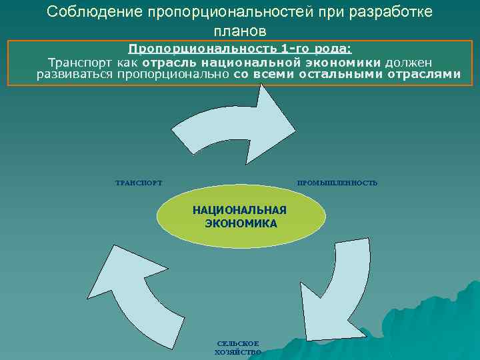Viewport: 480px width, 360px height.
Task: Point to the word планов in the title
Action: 239,31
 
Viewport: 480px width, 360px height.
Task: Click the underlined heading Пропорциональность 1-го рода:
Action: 240,49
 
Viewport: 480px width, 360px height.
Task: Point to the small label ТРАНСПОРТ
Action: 139,183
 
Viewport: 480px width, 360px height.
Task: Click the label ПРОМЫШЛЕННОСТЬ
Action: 337,183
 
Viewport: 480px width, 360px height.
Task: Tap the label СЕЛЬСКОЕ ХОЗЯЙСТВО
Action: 238,347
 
